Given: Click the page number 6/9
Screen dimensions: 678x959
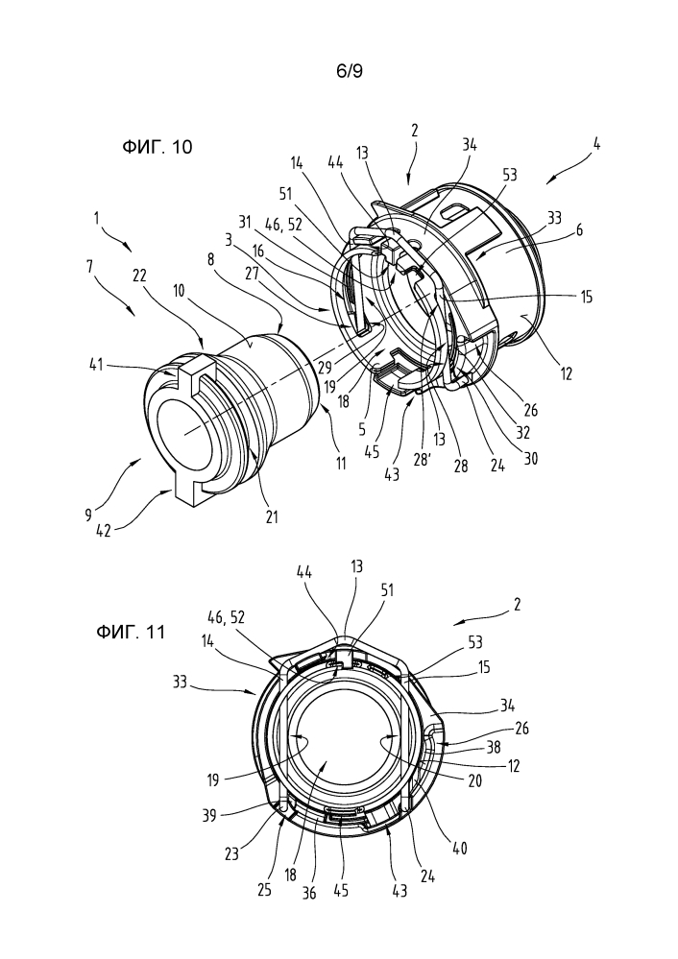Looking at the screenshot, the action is pyautogui.click(x=350, y=72).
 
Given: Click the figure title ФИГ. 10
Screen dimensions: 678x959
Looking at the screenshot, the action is pyautogui.click(x=157, y=147).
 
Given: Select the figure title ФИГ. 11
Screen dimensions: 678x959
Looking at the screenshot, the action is pyautogui.click(x=131, y=632).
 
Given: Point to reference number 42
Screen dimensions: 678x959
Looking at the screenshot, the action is pyautogui.click(x=104, y=530).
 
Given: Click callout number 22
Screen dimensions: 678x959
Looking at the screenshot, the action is pyautogui.click(x=139, y=276).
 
